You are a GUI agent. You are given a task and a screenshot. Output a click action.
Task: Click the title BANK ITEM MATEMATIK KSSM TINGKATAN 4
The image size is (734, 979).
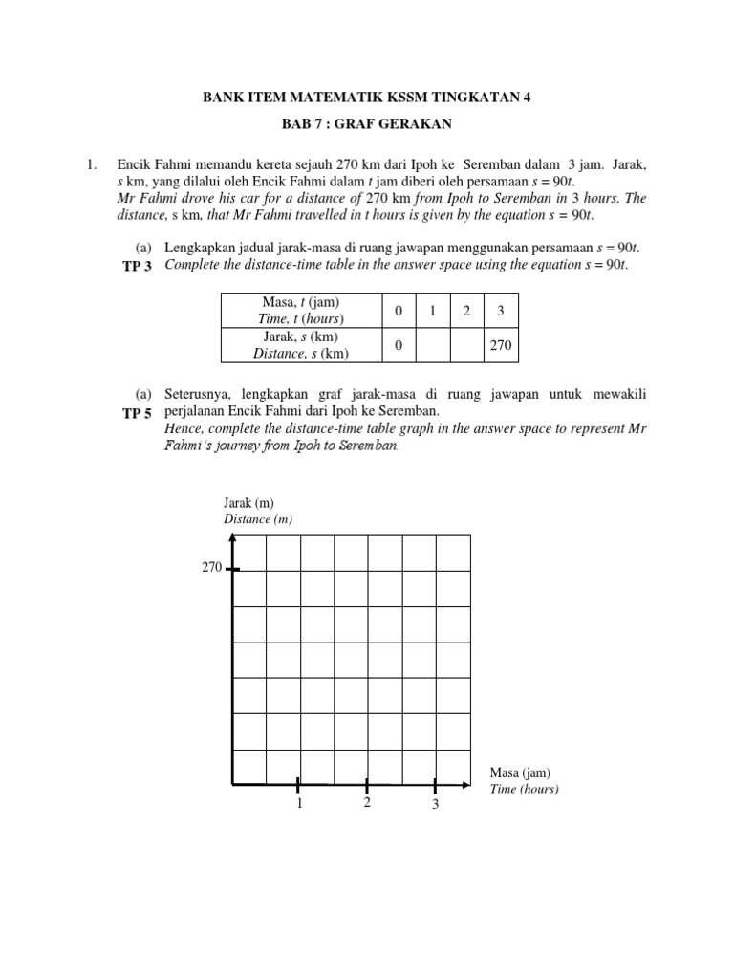(x=366, y=97)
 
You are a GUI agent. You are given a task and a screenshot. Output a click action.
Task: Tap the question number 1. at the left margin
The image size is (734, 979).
(x=93, y=165)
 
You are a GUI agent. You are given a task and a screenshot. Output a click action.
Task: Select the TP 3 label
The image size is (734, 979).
(x=136, y=264)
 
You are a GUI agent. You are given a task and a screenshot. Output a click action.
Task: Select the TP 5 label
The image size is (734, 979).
(x=136, y=413)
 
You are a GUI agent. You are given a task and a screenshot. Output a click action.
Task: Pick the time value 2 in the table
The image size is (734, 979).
(x=466, y=311)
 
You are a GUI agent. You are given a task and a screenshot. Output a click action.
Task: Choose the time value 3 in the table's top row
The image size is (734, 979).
(x=501, y=311)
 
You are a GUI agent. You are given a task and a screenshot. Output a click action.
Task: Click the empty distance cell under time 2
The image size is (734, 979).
(x=466, y=345)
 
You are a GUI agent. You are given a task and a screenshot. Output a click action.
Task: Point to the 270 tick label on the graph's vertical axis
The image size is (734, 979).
(x=211, y=568)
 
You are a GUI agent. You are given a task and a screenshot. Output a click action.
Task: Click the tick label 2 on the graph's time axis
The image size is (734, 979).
(x=366, y=804)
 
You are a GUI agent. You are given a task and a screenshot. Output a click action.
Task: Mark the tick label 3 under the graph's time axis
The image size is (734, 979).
(x=435, y=806)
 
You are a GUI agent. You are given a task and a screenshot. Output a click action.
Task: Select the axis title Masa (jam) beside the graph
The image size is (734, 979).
(x=520, y=772)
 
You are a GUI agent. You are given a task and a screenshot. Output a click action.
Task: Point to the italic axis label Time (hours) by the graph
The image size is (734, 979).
(x=524, y=790)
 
